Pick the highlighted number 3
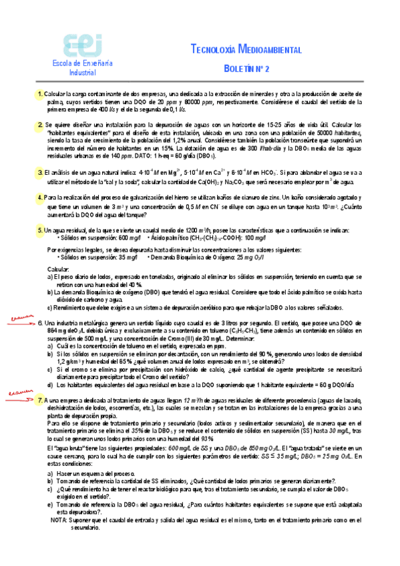[41, 172]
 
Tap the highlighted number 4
[41, 198]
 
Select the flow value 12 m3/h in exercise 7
[184, 399]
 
